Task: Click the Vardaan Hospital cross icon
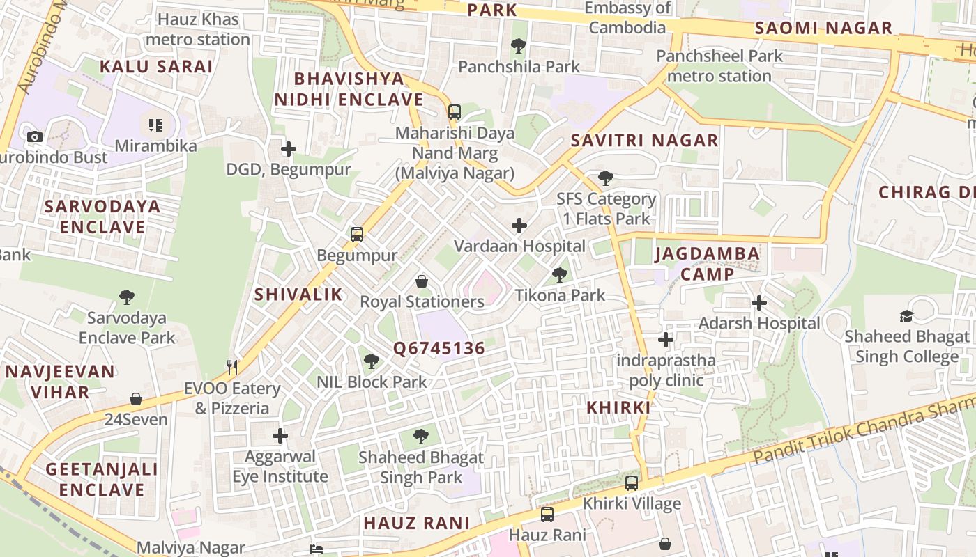[x=519, y=226]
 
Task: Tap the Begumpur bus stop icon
[x=357, y=235]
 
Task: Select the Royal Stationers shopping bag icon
[x=422, y=281]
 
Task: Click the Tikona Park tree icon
[x=559, y=275]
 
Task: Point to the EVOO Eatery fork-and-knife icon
[x=232, y=367]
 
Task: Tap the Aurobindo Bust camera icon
[x=35, y=136]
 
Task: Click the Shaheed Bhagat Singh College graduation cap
[x=906, y=317]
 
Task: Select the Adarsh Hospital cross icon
[x=759, y=303]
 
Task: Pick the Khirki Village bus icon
[x=632, y=483]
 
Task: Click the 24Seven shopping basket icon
[x=136, y=399]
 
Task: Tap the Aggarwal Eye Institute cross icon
[x=280, y=436]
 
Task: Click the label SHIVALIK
[x=298, y=295]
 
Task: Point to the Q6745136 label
[x=439, y=349]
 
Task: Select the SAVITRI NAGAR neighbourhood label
[x=644, y=141]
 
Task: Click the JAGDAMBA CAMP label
[x=708, y=264]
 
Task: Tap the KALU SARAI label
[x=155, y=67]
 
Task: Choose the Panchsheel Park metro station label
[x=719, y=66]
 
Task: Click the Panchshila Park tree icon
[x=518, y=47]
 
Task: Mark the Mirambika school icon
[x=155, y=125]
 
